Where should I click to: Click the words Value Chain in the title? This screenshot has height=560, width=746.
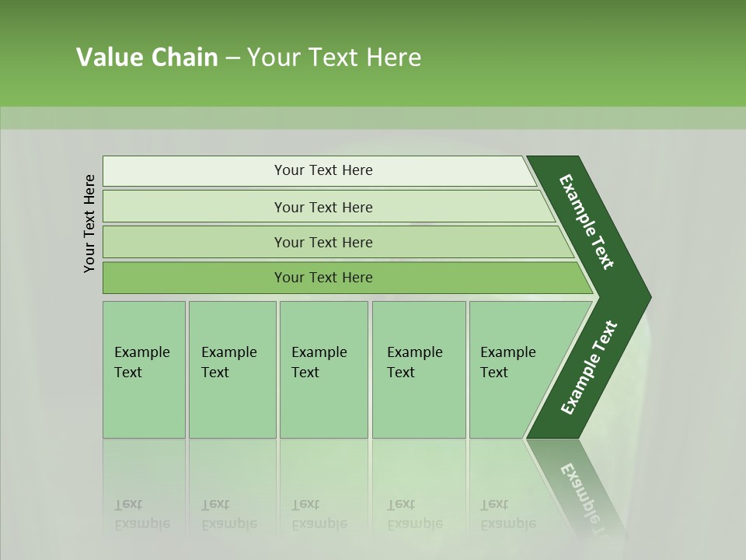point(147,58)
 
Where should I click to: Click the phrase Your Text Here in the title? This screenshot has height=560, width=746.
point(334,58)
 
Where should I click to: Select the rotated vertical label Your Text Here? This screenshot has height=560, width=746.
point(90,223)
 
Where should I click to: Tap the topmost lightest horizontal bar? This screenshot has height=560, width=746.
point(322,170)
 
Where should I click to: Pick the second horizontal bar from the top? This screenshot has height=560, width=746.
point(322,207)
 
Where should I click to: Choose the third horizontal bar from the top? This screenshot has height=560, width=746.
point(322,242)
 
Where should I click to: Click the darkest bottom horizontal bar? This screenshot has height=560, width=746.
point(322,278)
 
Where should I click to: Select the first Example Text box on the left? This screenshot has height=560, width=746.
point(144,369)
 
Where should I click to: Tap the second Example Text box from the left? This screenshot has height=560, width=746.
point(232,369)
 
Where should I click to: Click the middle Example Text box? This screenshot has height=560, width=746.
point(323,369)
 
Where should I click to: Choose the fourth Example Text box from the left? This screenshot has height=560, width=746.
point(418,369)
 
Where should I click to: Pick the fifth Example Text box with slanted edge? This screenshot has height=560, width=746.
point(513,369)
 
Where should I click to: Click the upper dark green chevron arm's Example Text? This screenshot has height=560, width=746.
point(587,222)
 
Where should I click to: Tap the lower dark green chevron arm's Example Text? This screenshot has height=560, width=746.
point(588,368)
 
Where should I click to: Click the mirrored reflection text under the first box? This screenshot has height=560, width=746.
point(141,515)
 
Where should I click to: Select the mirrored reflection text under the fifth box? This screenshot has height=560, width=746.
point(507,515)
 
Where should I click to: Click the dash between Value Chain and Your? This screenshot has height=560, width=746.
point(232,58)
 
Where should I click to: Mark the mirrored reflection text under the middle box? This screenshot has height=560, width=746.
point(319,515)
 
